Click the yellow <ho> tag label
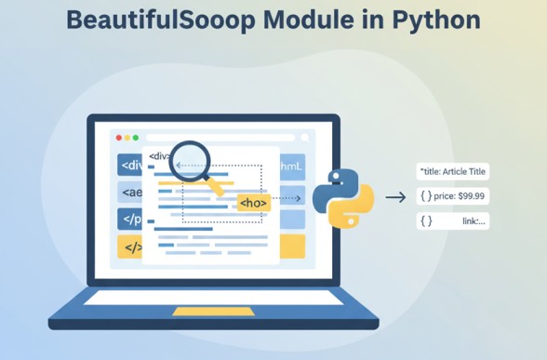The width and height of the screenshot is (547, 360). tap(253, 203)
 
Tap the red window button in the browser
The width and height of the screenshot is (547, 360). tap(119, 138)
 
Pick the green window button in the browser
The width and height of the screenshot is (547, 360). tap(137, 138)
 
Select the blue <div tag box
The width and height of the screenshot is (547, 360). tap(130, 166)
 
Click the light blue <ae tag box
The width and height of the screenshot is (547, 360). tap(130, 193)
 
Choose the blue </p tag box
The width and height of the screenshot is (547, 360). tap(130, 219)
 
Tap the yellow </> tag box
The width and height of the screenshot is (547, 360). tap(131, 247)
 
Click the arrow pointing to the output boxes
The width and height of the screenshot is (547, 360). tap(395, 197)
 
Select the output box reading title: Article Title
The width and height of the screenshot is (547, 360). tap(453, 172)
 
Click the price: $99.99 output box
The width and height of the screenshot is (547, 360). tap(453, 196)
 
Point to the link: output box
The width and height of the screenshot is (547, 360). tap(453, 220)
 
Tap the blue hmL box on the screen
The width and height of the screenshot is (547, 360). tap(291, 167)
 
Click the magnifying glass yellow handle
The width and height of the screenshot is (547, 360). tap(217, 187)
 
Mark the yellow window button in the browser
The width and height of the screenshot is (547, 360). tap(127, 138)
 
